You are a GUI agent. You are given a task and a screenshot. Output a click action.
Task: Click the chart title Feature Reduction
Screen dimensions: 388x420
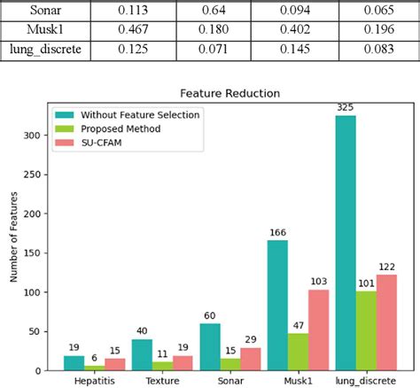[230, 92]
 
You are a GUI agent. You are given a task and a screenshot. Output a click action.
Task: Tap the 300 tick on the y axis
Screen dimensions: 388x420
[42, 136]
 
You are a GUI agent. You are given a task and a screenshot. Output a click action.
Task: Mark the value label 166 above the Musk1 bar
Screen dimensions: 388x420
[277, 232]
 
